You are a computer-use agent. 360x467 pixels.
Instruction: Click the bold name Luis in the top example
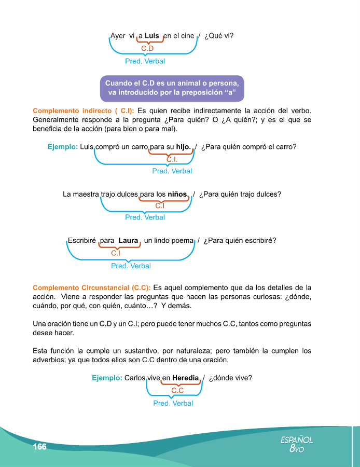(x=151, y=36)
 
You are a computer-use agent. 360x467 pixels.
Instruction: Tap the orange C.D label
(x=148, y=48)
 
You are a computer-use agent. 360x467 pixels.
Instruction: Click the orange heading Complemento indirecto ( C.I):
(x=84, y=111)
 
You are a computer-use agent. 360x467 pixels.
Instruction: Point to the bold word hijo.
(x=182, y=147)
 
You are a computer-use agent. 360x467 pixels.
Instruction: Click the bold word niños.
(x=178, y=195)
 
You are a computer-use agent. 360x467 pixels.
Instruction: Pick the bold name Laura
(x=128, y=241)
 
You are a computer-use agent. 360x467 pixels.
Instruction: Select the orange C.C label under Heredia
(x=177, y=390)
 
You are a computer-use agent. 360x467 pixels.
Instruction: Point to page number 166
(x=39, y=447)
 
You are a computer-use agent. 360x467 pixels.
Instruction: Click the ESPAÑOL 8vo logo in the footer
(x=297, y=444)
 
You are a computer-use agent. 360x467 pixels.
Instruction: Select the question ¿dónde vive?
(x=230, y=378)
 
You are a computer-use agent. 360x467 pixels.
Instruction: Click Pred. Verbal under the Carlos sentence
(x=173, y=403)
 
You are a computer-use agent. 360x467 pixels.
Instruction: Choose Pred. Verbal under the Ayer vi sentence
(x=145, y=61)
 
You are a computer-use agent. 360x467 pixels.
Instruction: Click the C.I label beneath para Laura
(x=116, y=253)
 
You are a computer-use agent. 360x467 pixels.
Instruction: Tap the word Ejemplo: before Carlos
(x=107, y=378)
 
